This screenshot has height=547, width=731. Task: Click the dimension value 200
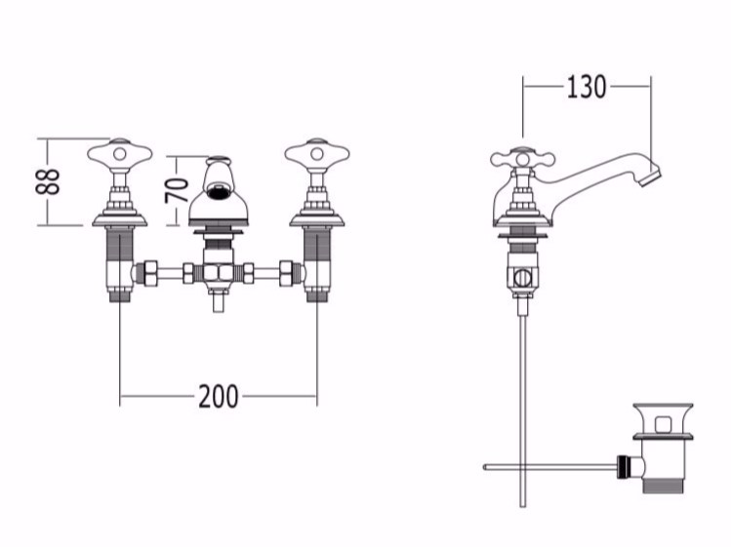coord(219,397)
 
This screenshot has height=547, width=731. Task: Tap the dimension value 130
coord(586,87)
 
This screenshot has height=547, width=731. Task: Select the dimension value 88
coord(48,181)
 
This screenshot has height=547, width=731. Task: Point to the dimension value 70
coord(177,190)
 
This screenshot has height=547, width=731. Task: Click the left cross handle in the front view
coord(120,153)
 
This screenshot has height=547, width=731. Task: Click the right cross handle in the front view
coord(317,153)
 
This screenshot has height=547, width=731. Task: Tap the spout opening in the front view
coord(219,189)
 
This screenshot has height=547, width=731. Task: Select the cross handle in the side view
coord(522,160)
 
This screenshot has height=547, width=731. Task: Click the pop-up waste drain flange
coord(663,437)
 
